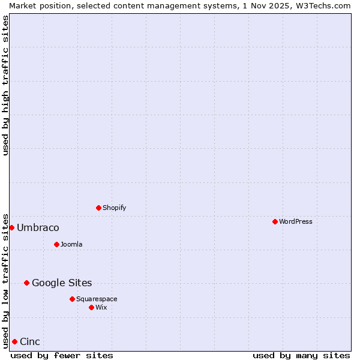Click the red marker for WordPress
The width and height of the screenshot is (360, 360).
[275, 221]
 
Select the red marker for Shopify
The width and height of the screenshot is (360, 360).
[98, 208]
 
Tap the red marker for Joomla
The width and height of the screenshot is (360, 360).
[56, 244]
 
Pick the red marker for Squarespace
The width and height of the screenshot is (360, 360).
[72, 299]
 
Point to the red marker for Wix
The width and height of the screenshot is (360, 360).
[91, 307]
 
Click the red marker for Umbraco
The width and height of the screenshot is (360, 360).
[11, 227]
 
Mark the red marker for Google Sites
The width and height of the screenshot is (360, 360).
[26, 283]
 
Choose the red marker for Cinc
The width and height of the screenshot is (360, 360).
[14, 341]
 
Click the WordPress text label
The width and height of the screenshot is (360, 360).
[295, 221]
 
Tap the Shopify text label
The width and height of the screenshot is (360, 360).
[114, 208]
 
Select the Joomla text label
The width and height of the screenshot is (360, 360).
[71, 244]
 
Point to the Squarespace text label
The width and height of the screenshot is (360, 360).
[97, 299]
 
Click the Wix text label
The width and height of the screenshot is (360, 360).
[101, 307]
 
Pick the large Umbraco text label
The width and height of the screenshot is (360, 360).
[38, 227]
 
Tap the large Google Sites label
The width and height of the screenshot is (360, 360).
[62, 283]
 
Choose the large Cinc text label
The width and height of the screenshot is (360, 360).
[30, 341]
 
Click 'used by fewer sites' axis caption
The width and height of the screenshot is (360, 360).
[62, 355]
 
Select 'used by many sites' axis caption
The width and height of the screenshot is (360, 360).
[301, 355]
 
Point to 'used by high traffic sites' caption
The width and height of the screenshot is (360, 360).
[5, 85]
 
